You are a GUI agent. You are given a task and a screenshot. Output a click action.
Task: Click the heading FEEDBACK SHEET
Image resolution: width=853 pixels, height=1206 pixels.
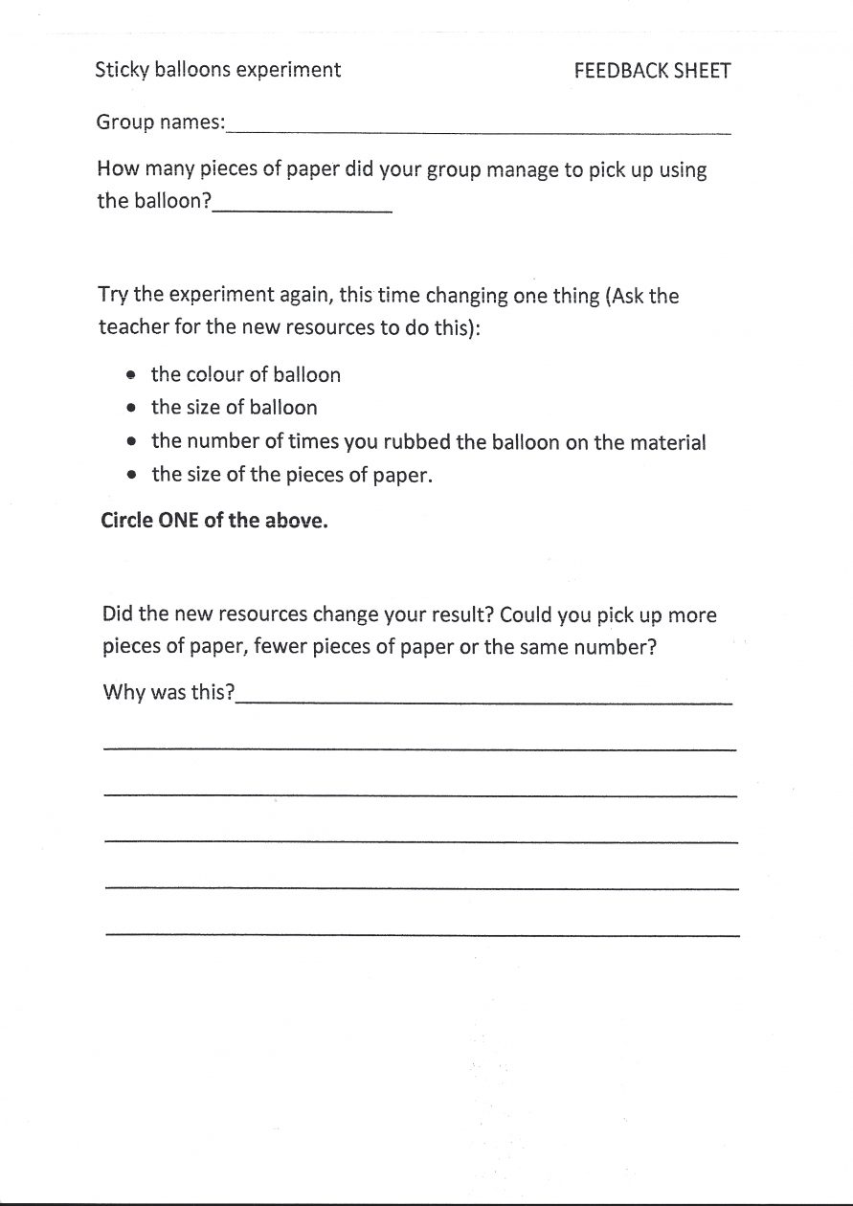tap(652, 71)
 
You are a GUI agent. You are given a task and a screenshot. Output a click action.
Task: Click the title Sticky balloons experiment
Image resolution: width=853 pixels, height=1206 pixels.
tap(217, 70)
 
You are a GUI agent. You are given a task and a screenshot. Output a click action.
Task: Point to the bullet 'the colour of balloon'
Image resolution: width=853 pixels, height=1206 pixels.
tap(245, 374)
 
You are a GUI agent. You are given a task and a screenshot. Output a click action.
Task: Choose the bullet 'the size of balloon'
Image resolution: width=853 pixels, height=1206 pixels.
tap(234, 408)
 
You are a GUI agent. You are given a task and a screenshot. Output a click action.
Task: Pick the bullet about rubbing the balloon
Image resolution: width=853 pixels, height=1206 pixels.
tap(428, 442)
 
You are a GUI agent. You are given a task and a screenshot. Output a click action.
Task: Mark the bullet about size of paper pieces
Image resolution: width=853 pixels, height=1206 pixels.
tap(292, 475)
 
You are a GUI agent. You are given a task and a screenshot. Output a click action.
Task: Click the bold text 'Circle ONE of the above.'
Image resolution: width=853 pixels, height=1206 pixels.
tap(214, 523)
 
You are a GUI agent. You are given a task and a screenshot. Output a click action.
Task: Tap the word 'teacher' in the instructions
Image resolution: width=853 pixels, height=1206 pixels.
tap(133, 326)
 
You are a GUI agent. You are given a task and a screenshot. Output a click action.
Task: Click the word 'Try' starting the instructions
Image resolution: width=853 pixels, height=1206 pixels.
tap(113, 296)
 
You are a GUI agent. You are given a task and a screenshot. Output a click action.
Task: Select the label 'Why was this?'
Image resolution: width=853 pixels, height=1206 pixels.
tap(168, 692)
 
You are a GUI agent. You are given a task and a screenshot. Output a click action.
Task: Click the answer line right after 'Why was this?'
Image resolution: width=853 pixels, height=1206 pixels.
tap(483, 702)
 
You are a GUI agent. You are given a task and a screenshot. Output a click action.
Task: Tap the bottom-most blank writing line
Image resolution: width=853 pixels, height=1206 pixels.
tap(422, 932)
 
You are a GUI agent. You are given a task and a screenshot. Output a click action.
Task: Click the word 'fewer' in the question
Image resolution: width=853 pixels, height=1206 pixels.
tap(283, 647)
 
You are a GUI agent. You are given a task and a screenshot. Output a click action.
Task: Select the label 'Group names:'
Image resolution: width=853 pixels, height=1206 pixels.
tap(161, 123)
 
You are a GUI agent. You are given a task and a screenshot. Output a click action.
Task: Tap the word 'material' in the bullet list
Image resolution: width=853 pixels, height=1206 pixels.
tap(666, 442)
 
